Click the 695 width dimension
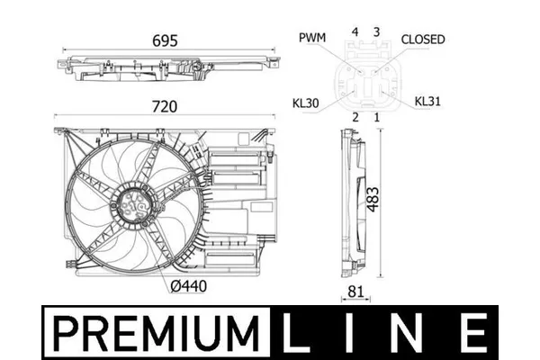165,40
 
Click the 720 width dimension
165,107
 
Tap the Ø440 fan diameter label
189,286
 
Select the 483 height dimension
373,200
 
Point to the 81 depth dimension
355,292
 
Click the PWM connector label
312,38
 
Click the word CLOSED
423,40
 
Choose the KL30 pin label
305,103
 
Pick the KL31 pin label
427,102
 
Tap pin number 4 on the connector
355,32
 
